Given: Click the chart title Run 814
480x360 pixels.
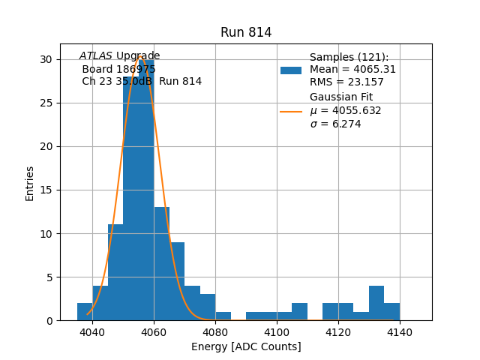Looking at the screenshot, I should pyautogui.click(x=246, y=33).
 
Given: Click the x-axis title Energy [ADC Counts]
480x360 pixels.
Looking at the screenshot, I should pyautogui.click(x=246, y=346).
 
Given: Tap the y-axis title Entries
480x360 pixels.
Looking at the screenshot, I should pyautogui.click(x=30, y=183).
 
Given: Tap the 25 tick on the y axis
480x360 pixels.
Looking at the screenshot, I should pyautogui.click(x=46, y=103).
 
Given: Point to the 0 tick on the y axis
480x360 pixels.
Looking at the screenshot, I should pyautogui.click(x=49, y=320).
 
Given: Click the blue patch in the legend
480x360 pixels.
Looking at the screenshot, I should pyautogui.click(x=291, y=70).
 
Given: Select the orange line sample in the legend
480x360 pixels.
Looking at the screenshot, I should pyautogui.click(x=291, y=112).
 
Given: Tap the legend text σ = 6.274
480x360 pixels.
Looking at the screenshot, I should pyautogui.click(x=335, y=124).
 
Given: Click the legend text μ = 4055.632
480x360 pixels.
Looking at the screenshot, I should pyautogui.click(x=345, y=111).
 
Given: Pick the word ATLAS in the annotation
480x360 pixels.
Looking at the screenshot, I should pyautogui.click(x=96, y=56).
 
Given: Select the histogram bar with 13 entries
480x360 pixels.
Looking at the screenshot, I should pyautogui.click(x=162, y=263).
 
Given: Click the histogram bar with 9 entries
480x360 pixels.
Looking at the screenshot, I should pyautogui.click(x=177, y=281).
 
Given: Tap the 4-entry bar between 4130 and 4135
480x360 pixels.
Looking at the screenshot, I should pyautogui.click(x=376, y=303).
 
